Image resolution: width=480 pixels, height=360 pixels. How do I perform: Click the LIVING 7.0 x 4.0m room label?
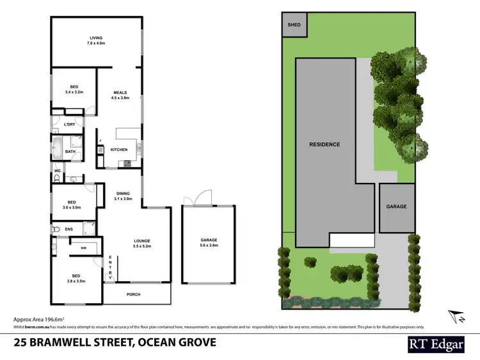click(x=97, y=40)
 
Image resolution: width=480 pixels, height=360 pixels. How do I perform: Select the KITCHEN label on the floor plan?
click(x=119, y=150)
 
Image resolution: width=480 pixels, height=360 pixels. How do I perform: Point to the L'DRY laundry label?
click(x=70, y=124)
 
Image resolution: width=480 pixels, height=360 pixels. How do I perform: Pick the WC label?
click(x=58, y=171)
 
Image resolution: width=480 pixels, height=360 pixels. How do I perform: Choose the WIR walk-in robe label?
click(x=83, y=247)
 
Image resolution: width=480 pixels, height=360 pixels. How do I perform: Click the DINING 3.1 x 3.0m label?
click(x=124, y=196)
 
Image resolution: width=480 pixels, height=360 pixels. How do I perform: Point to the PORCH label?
click(x=132, y=294)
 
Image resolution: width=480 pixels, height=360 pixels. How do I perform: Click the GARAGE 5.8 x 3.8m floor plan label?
click(x=209, y=243)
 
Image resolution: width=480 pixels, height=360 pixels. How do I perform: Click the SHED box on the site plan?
click(x=294, y=25)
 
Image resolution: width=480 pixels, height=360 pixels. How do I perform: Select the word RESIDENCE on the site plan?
click(x=325, y=145)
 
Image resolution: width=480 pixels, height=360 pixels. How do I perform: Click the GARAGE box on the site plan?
click(x=396, y=207)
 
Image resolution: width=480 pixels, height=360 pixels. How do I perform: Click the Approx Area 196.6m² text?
click(x=40, y=318)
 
